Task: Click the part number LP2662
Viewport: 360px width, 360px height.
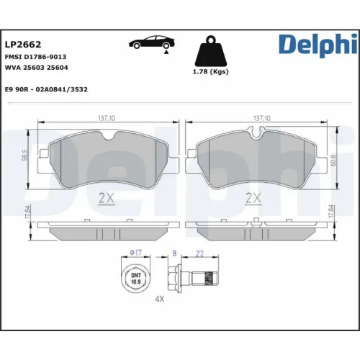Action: (24, 43)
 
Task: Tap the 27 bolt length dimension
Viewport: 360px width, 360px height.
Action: (200, 253)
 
